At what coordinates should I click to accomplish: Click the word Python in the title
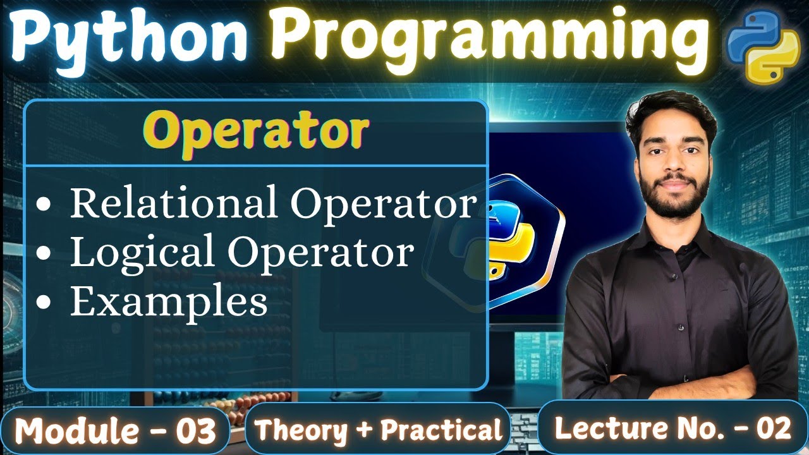(x=130, y=37)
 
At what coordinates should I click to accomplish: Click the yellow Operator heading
(x=260, y=131)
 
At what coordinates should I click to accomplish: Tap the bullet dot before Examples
(x=44, y=303)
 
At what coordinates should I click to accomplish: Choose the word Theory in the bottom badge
(x=301, y=431)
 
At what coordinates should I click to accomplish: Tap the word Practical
(x=441, y=431)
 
